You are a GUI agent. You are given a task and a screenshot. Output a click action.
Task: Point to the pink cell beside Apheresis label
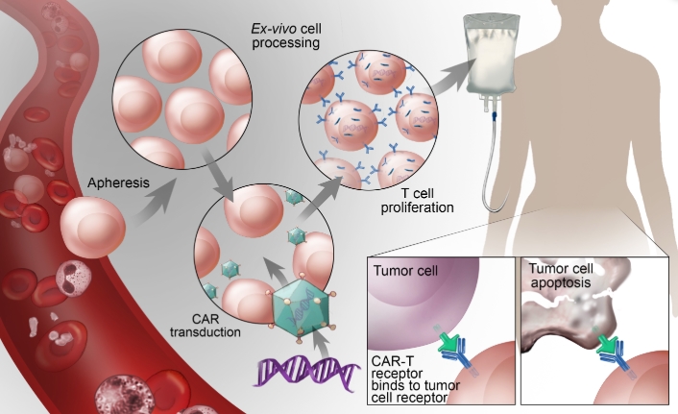pos(92,231)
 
